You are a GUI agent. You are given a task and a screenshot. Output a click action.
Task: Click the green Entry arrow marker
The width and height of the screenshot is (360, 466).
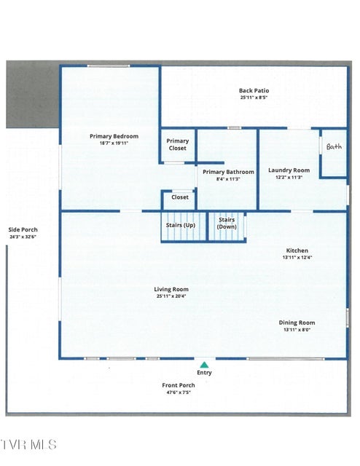pyautogui.click(x=204, y=365)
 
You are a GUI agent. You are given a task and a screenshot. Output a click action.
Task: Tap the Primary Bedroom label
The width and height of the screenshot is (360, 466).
pyautogui.click(x=114, y=136)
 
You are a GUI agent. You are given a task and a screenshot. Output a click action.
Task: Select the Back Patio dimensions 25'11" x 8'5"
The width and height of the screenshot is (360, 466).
pyautogui.click(x=254, y=98)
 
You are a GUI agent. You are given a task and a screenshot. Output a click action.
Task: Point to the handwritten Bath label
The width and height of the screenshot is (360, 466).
pyautogui.click(x=334, y=146)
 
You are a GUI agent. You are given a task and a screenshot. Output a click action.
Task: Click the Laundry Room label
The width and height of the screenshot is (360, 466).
pyautogui.click(x=289, y=170)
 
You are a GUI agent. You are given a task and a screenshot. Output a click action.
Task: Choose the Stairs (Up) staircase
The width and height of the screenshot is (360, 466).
pyautogui.click(x=184, y=226)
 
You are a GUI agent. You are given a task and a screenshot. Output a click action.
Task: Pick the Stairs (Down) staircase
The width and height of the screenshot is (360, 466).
pyautogui.click(x=227, y=226)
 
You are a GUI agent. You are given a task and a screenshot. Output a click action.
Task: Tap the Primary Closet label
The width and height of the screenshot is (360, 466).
pyautogui.click(x=178, y=144)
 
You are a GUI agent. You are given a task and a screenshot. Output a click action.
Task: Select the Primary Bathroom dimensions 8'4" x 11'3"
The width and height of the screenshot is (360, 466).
pyautogui.click(x=228, y=179)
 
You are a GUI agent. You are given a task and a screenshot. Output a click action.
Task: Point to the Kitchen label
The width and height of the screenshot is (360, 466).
pyautogui.click(x=297, y=250)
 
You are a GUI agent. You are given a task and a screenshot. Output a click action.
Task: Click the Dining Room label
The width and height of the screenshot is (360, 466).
pyautogui.click(x=297, y=323)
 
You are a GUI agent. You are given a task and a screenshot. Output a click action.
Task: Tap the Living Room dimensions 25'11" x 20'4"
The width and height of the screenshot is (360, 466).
pyautogui.click(x=171, y=296)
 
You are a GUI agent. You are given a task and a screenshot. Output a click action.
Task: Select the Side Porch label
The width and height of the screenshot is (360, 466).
pyautogui.click(x=23, y=230)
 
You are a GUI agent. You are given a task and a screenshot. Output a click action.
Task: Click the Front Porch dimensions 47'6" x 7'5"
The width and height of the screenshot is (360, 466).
pyautogui.click(x=179, y=392)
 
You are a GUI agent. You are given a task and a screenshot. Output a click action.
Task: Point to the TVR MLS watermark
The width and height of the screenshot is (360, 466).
pyautogui.click(x=28, y=445)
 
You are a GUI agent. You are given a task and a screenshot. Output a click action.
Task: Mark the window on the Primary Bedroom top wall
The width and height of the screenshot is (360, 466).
pyautogui.click(x=109, y=66)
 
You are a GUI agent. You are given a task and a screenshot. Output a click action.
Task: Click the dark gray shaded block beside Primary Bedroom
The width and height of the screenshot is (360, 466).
pyautogui.click(x=33, y=95)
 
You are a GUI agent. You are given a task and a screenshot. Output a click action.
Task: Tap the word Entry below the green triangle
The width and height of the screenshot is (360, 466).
pyautogui.click(x=204, y=373)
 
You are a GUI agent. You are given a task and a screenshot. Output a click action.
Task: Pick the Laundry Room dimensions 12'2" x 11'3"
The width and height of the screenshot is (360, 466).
pyautogui.click(x=289, y=178)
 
